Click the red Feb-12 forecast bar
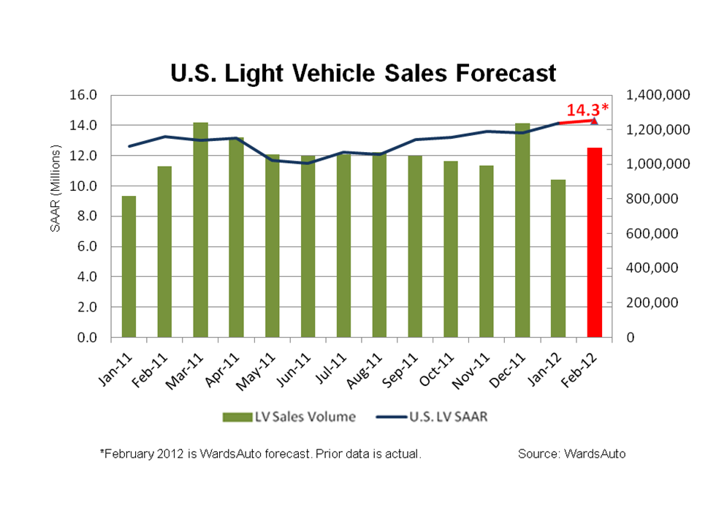(x=594, y=243)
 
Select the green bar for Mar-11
(x=200, y=230)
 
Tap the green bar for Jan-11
(x=129, y=267)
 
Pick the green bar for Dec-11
(x=522, y=230)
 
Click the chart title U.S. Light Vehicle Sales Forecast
(x=363, y=73)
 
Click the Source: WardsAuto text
(x=571, y=454)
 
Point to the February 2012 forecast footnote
(x=260, y=454)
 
